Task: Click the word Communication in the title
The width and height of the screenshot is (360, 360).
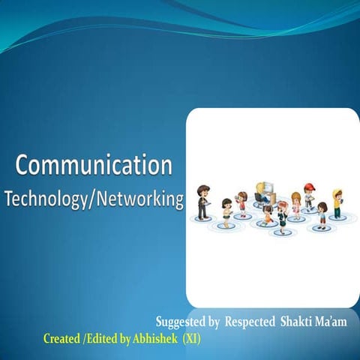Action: [x=94, y=164]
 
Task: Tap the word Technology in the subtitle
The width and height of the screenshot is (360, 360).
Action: [x=43, y=199]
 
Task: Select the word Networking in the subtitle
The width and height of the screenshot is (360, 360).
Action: [x=137, y=199]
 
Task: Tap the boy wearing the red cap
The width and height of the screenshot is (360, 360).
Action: [x=308, y=197]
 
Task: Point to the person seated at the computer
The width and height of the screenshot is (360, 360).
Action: [x=259, y=193]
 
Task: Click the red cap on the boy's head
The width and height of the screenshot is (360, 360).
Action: [x=307, y=187]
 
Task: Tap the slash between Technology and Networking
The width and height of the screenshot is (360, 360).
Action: [x=88, y=199]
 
